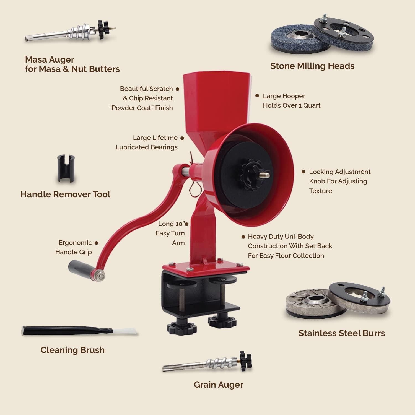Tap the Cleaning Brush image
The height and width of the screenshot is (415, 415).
click(79, 331)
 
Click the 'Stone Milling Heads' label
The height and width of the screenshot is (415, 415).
click(312, 66)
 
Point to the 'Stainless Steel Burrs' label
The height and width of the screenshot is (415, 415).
click(342, 333)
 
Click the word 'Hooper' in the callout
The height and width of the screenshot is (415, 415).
click(295, 96)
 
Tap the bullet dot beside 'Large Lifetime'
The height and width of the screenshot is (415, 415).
click(182, 138)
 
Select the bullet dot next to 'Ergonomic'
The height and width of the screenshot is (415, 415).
click(96, 243)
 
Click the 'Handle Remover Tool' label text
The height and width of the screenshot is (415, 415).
click(65, 194)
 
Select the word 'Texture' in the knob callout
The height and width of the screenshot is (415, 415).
click(320, 191)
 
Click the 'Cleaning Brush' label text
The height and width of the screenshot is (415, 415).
click(72, 350)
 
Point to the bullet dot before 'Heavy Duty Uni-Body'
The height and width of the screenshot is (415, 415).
click(243, 237)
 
